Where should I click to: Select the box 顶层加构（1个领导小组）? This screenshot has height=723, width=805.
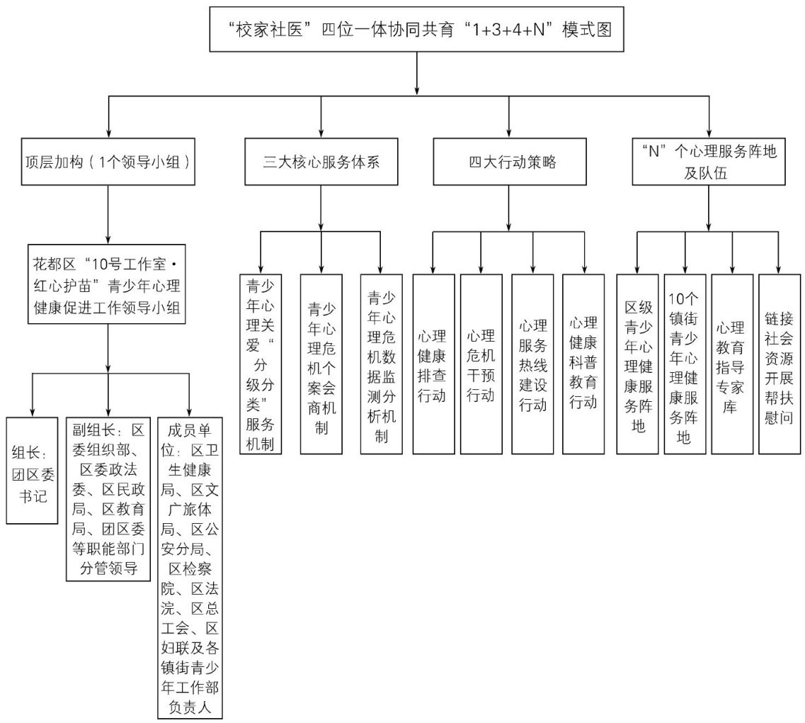(108, 161)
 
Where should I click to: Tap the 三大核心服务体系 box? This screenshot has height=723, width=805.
(321, 161)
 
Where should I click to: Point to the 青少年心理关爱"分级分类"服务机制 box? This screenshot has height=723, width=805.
(260, 364)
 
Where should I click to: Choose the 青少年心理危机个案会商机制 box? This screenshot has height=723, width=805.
(321, 364)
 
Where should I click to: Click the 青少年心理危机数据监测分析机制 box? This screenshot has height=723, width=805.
(381, 364)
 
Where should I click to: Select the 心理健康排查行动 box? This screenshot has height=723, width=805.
(433, 364)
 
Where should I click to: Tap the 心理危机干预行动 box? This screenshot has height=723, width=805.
(481, 364)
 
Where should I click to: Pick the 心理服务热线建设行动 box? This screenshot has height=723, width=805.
(532, 364)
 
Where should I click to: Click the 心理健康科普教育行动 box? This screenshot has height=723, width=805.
(583, 364)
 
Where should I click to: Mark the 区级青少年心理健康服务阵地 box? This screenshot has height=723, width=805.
(636, 364)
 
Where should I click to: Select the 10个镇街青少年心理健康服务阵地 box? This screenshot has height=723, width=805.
(685, 364)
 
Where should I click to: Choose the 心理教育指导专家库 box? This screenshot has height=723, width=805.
(732, 364)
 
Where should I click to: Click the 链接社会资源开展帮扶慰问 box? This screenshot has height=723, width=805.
(780, 364)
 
